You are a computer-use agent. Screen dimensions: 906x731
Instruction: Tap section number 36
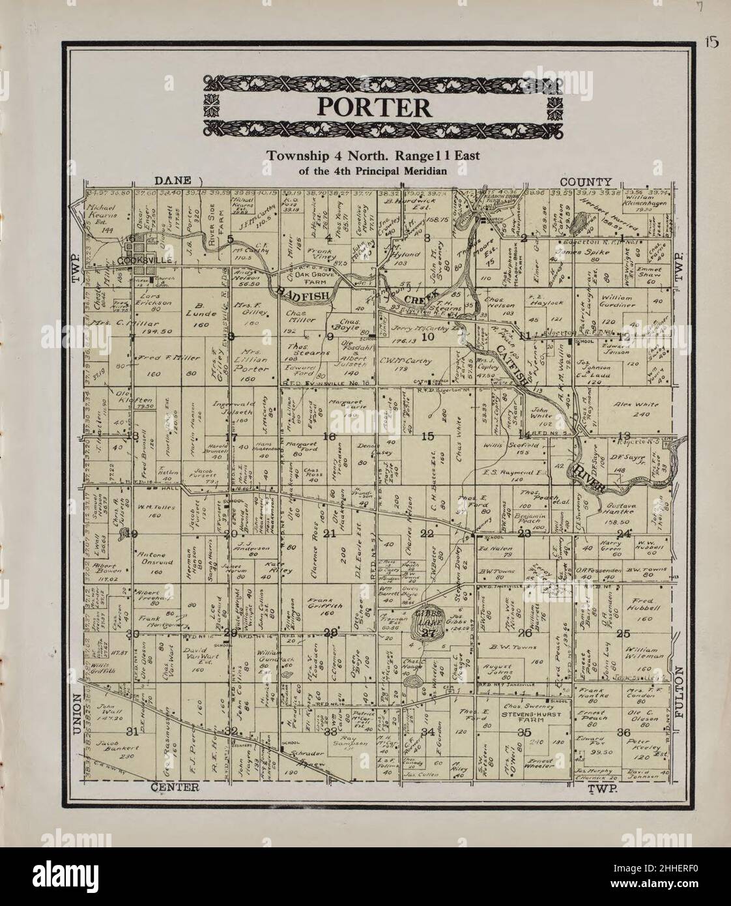pyautogui.click(x=623, y=732)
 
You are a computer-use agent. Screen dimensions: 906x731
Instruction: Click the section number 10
pyautogui.click(x=427, y=337)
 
